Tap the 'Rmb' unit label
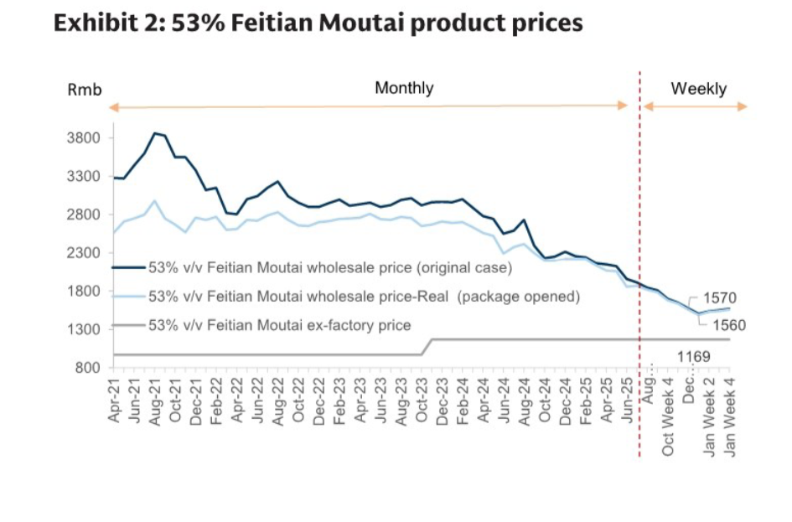[84, 90]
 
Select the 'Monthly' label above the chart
[404, 88]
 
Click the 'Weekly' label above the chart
[698, 89]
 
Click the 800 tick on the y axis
[89, 368]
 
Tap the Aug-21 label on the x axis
[155, 404]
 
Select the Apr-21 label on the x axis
[114, 404]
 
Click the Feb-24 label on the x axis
[462, 404]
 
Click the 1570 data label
[718, 297]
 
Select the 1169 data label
[693, 357]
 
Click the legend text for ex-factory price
[279, 324]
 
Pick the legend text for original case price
[329, 268]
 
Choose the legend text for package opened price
[364, 296]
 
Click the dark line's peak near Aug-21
[155, 132]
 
